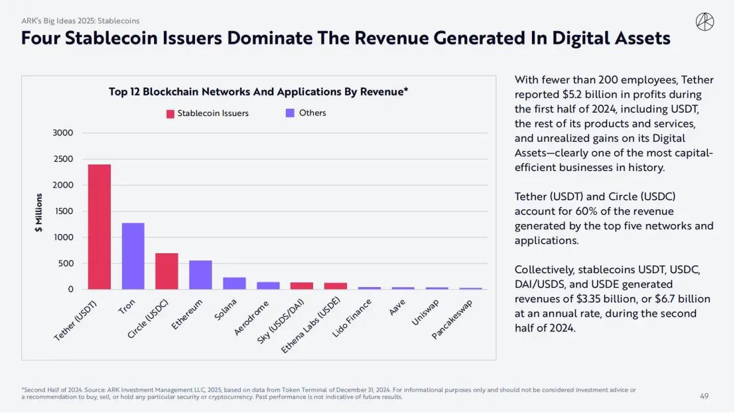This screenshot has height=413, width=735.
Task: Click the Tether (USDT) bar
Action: tap(100, 227)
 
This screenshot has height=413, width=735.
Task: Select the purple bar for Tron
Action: tap(133, 256)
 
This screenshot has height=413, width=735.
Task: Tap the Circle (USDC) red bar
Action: tap(167, 271)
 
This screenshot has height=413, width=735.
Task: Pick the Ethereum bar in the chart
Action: tap(200, 274)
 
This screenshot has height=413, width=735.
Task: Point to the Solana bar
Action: tap(234, 283)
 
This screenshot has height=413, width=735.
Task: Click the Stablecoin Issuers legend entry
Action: tap(208, 113)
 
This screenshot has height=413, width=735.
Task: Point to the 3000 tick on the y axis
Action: tap(63, 133)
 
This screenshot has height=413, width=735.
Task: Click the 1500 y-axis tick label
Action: tap(63, 211)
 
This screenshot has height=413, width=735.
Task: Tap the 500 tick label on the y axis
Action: tap(66, 263)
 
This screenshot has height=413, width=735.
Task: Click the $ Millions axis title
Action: tap(39, 213)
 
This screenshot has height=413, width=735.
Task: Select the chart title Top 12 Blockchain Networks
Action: tap(258, 92)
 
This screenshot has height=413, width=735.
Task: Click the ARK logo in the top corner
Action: tap(704, 22)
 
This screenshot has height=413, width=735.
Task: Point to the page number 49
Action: tap(704, 396)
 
